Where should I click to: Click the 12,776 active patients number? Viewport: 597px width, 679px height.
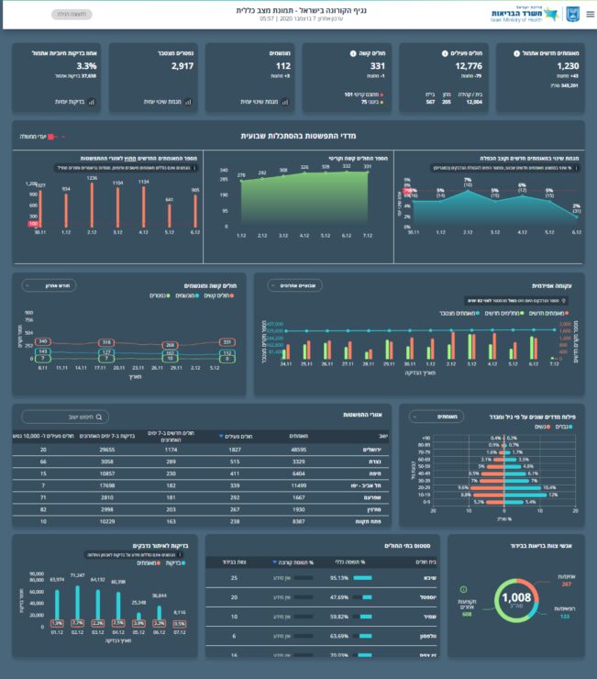(x=468, y=66)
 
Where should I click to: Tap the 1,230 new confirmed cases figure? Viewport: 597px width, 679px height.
(x=568, y=66)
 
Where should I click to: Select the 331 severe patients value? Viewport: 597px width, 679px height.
(x=377, y=66)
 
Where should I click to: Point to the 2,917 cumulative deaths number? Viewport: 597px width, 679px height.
(x=182, y=66)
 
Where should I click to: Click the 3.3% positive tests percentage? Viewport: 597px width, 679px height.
(x=86, y=66)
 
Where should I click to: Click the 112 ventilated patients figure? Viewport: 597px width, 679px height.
(x=282, y=66)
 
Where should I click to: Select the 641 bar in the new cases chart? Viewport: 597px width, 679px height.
(x=168, y=215)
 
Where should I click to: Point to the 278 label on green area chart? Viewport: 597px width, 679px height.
(x=241, y=174)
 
